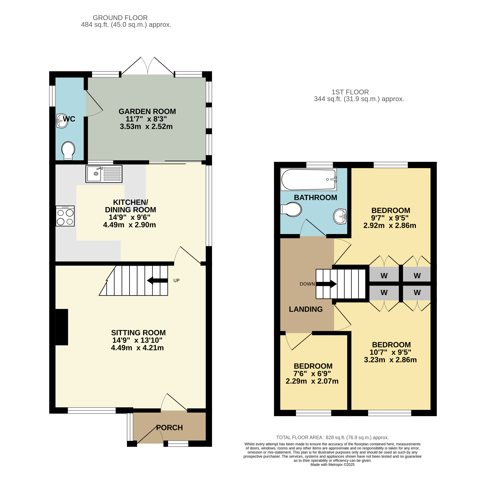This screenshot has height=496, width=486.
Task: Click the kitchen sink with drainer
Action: [104, 174]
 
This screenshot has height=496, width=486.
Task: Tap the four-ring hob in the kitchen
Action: [65, 216]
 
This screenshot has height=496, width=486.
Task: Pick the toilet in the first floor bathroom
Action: [291, 209]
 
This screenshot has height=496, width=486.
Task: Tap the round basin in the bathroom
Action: [340, 216]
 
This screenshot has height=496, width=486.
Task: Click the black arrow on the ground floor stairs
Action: [157, 281]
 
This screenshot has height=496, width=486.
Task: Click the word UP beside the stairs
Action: [176, 281]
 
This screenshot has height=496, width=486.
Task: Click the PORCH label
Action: [169, 428]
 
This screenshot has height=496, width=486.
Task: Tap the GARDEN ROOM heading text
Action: [147, 112]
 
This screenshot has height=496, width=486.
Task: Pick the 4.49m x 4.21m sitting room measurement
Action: [137, 348]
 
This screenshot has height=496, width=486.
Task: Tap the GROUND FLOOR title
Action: [120, 18]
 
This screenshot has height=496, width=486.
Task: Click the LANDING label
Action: [306, 309]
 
